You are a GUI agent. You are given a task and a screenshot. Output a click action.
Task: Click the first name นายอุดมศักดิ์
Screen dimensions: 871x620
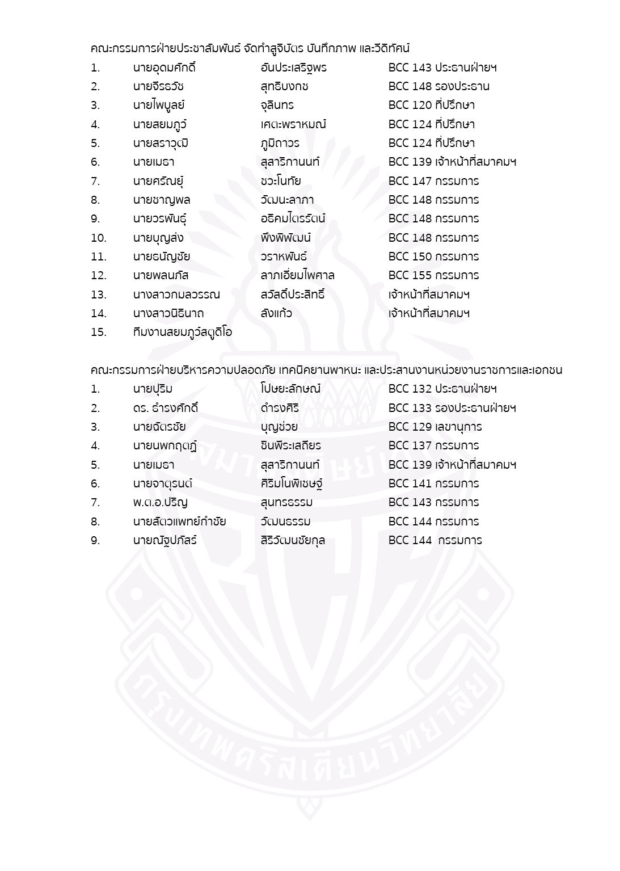(x=164, y=68)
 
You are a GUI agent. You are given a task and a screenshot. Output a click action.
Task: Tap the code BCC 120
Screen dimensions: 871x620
(x=410, y=106)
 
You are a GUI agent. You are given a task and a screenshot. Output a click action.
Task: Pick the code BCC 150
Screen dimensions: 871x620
(x=410, y=257)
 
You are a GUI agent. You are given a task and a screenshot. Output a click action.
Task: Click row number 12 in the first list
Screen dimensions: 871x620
(x=98, y=276)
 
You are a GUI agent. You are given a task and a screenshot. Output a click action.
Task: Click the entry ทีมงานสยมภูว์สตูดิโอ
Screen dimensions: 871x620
(x=182, y=333)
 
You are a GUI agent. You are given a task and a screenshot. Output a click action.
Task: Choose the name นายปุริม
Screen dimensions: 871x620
(x=153, y=389)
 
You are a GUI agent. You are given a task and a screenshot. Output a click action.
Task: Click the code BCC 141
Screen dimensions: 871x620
(x=410, y=484)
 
